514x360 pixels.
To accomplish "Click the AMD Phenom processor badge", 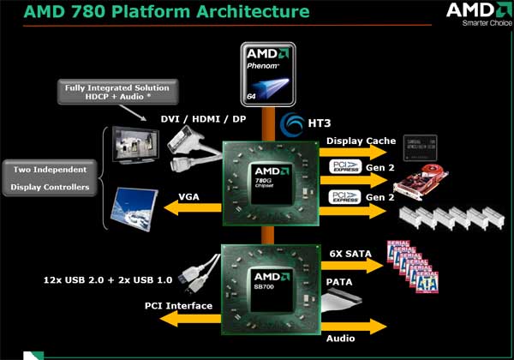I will click(266, 73).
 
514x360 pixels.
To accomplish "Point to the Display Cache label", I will click(362, 141).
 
